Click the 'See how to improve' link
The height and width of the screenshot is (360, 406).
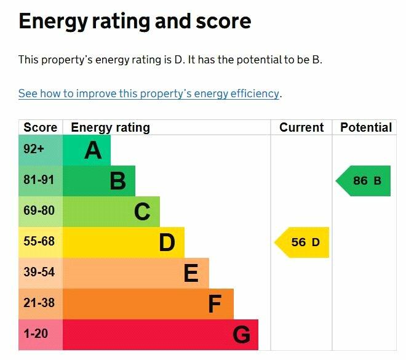(x=149, y=94)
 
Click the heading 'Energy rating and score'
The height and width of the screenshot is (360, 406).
(x=135, y=22)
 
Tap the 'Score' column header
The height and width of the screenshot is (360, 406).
(x=40, y=127)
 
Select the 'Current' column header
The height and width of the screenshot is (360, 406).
(x=301, y=127)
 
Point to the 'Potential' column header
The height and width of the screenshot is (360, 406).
(x=366, y=127)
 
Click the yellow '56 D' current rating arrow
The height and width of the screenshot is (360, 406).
(x=302, y=242)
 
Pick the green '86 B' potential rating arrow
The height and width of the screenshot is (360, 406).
(x=364, y=181)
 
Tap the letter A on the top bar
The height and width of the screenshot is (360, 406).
(x=93, y=150)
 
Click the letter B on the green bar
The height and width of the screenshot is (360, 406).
(x=117, y=181)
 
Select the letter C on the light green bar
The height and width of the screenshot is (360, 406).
(x=142, y=212)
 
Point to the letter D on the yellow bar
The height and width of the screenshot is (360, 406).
(x=167, y=242)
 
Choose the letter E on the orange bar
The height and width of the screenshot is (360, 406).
(x=191, y=273)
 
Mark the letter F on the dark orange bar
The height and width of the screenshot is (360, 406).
(x=215, y=304)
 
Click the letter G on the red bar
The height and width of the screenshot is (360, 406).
(x=241, y=335)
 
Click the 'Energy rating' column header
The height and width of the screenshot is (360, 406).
(x=111, y=127)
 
